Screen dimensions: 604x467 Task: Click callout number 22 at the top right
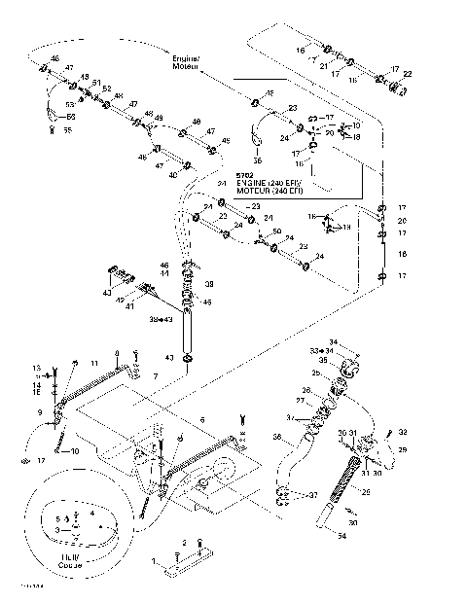(x=408, y=74)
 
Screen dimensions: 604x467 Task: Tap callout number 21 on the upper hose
(x=323, y=64)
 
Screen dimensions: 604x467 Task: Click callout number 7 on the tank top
(x=153, y=375)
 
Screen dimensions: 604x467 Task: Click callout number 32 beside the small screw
(x=403, y=431)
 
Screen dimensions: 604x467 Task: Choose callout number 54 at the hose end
(x=341, y=533)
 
